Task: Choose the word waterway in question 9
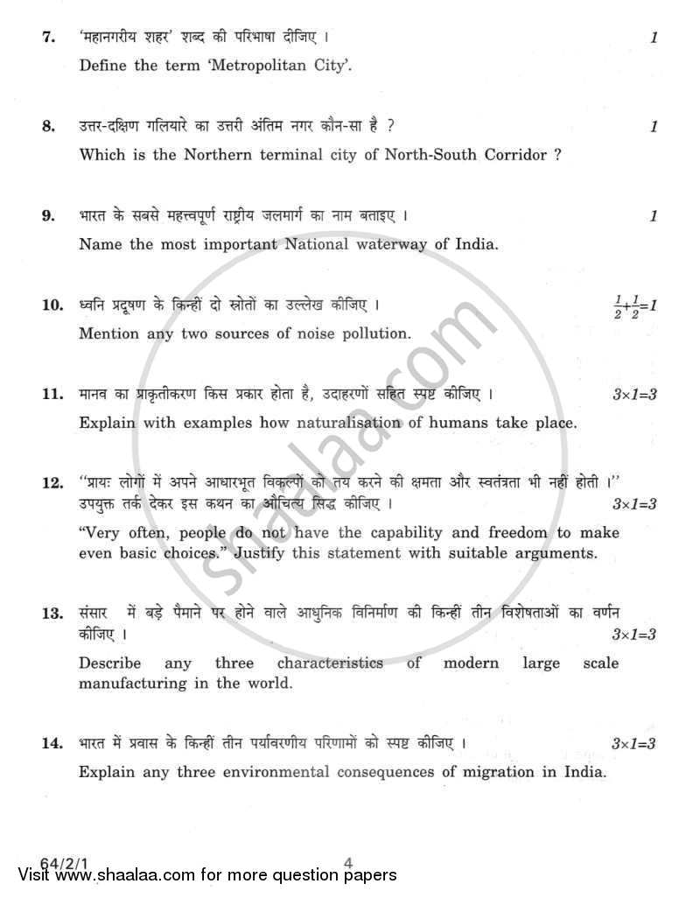click(395, 244)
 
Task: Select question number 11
click(51, 395)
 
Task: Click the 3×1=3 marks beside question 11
click(634, 396)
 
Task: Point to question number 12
click(51, 482)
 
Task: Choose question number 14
click(51, 744)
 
